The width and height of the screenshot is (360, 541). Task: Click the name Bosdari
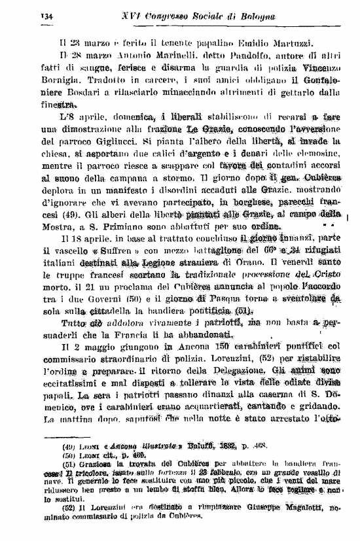pos(77,103)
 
